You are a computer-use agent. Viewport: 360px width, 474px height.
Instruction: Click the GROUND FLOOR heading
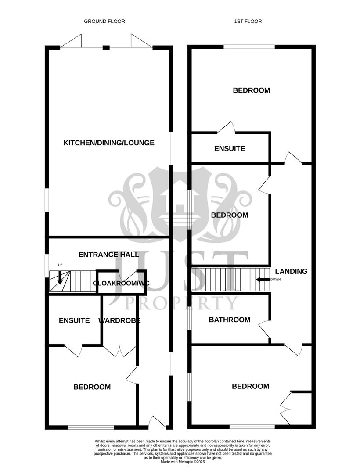pyautogui.click(x=104, y=21)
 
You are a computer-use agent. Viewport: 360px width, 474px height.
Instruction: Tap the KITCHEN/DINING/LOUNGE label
pyautogui.click(x=109, y=143)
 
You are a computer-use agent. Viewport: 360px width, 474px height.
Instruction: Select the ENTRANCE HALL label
pyautogui.click(x=109, y=255)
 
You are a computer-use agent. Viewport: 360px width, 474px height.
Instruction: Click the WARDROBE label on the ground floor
pyautogui.click(x=119, y=320)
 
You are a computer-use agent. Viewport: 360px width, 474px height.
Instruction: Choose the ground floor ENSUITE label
pyautogui.click(x=74, y=320)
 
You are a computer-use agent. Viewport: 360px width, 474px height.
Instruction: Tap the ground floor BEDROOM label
pyautogui.click(x=92, y=387)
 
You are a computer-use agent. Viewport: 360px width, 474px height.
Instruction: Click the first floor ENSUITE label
pyautogui.click(x=230, y=149)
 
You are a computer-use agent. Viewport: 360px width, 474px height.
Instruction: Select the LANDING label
pyautogui.click(x=291, y=271)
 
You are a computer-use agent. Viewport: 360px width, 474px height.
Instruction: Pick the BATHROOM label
pyautogui.click(x=230, y=320)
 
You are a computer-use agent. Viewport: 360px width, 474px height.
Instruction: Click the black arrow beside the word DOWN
pyautogui.click(x=263, y=280)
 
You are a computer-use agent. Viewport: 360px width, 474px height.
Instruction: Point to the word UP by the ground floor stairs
pyautogui.click(x=60, y=265)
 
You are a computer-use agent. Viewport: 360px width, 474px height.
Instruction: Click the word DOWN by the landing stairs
pyautogui.click(x=275, y=280)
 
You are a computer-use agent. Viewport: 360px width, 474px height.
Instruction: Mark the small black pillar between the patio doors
pyautogui.click(x=106, y=47)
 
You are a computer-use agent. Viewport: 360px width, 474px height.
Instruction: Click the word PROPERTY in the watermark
pyautogui.click(x=182, y=303)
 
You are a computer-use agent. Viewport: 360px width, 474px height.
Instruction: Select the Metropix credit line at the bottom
pyautogui.click(x=182, y=462)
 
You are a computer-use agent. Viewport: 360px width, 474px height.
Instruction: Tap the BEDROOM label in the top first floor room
pyautogui.click(x=251, y=90)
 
